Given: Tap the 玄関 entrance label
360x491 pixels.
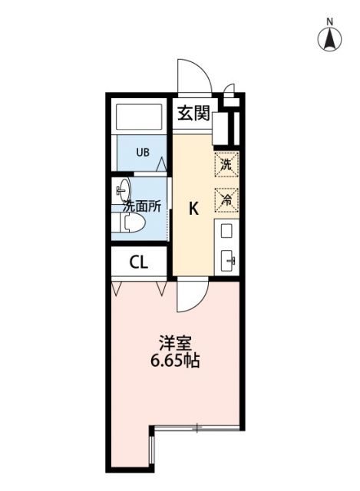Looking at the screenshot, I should (193, 114).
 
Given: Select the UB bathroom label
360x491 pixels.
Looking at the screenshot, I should (143, 152).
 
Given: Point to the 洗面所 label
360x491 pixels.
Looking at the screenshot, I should (143, 206).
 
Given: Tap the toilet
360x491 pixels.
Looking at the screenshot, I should (128, 223).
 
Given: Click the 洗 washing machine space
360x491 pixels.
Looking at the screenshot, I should (226, 163).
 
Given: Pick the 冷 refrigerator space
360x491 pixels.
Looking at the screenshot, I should (226, 199).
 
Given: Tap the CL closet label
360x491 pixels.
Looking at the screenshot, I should (138, 262).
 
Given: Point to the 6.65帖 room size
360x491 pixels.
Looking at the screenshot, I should (174, 360).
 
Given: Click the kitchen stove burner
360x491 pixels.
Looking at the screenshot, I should (227, 229).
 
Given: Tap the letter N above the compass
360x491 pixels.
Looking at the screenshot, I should (330, 20).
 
